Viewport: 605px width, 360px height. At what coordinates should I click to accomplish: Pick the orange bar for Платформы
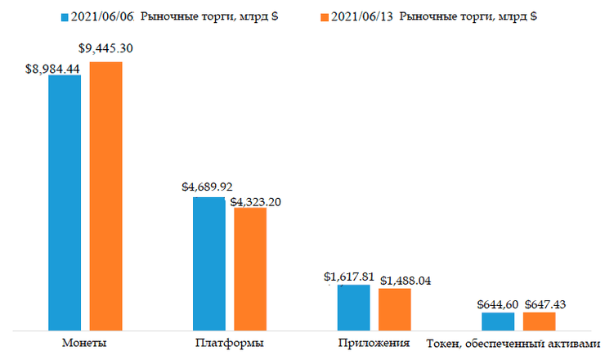pos(249,268)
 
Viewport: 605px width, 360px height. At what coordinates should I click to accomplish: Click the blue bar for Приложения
pos(353,308)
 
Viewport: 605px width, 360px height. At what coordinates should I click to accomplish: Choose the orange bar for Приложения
pos(394,309)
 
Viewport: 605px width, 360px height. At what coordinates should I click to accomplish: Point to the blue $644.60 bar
pos(498,322)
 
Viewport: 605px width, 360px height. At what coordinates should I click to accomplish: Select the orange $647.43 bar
pos(540,322)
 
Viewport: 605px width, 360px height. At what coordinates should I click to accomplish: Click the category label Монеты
pos(84,342)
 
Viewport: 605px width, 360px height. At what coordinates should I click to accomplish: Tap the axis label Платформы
pos(230,342)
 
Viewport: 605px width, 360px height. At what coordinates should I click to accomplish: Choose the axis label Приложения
pos(374,342)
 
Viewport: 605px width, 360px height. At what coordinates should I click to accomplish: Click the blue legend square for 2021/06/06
pos(65,17)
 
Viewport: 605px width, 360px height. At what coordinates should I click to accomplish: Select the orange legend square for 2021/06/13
pos(324,17)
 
